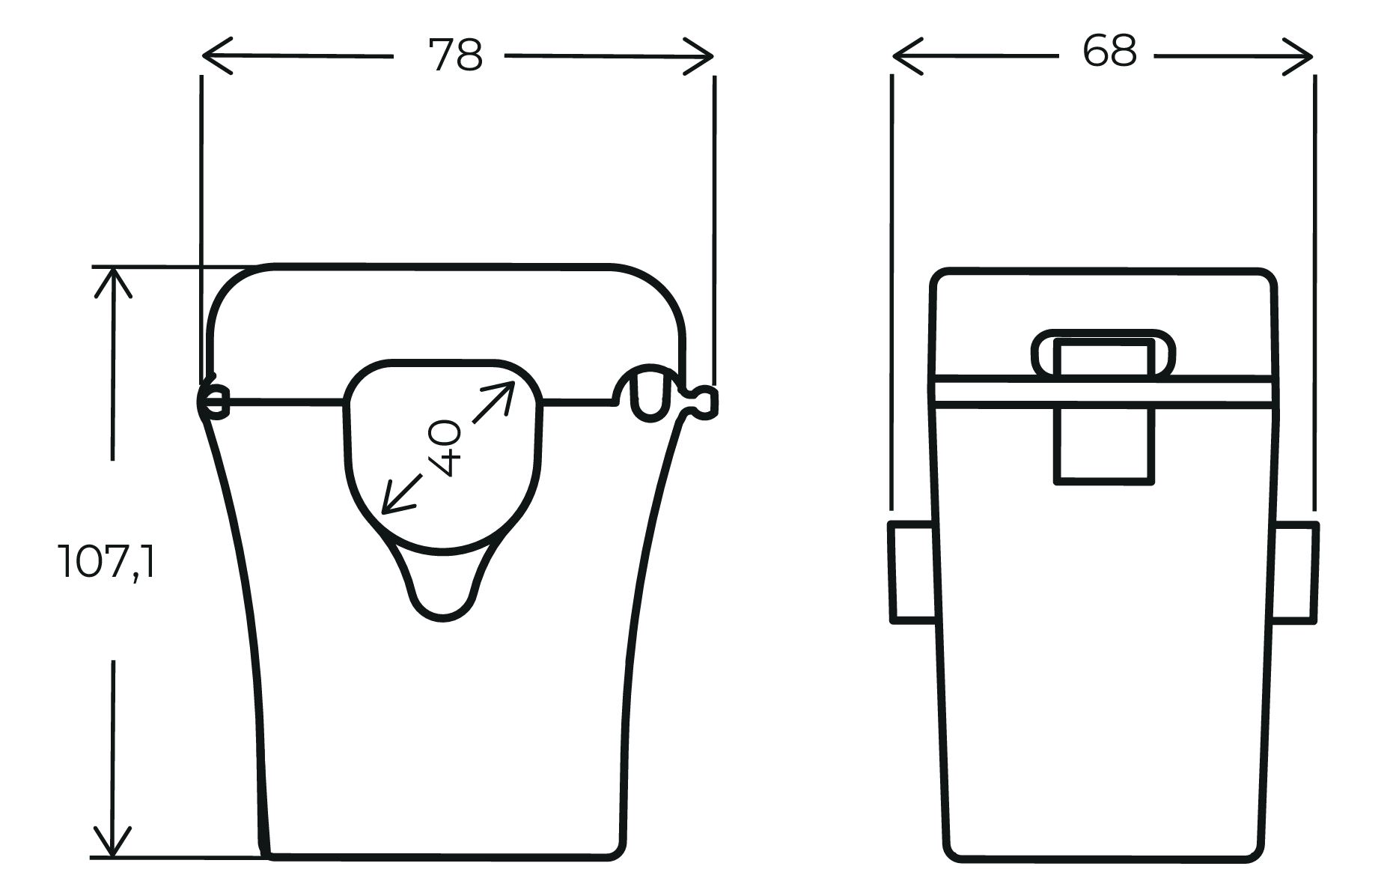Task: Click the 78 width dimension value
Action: point(455,55)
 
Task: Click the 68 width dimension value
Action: point(1109,51)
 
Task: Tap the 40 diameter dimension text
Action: point(445,448)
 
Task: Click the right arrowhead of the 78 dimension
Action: point(698,55)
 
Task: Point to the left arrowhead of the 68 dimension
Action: point(908,55)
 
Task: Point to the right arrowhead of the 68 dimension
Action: point(1298,55)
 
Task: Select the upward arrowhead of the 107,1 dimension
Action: point(112,282)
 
